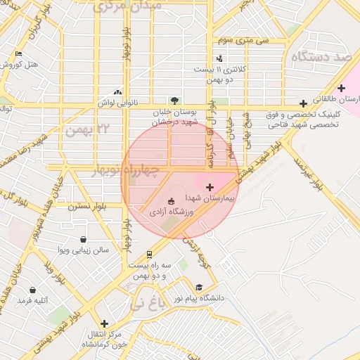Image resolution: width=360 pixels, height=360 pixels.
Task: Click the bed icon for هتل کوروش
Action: (x=18, y=53)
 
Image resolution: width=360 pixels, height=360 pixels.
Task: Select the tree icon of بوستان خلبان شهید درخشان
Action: (x=174, y=101)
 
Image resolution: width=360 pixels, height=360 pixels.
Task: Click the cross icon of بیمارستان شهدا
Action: (x=210, y=186)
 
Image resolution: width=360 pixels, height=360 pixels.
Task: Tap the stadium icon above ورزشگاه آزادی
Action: (x=172, y=200)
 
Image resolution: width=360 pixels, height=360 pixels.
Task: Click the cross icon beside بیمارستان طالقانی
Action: (x=341, y=88)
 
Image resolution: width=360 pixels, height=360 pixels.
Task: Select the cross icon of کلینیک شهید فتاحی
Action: (x=303, y=103)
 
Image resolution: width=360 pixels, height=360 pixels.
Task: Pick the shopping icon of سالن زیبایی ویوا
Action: (x=84, y=239)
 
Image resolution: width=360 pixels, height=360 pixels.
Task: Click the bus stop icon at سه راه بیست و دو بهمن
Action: (x=149, y=254)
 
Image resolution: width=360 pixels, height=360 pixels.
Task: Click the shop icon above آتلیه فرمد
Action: (x=33, y=290)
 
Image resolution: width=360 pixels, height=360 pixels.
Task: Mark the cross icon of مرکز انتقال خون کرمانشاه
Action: (x=105, y=323)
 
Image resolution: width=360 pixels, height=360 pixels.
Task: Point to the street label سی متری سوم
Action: (x=243, y=41)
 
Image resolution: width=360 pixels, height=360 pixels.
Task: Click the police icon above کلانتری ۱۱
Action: (x=221, y=59)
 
